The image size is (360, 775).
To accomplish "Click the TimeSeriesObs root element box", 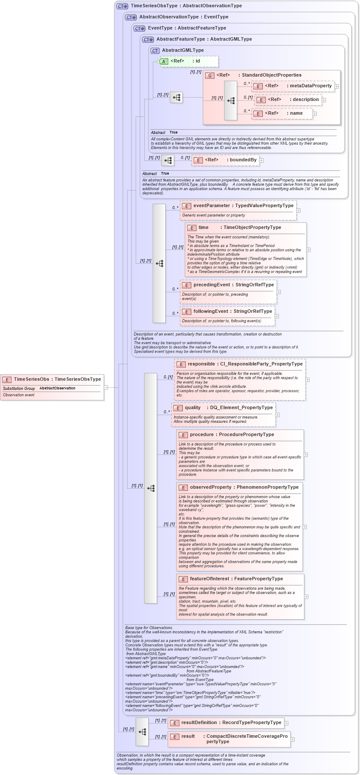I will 52,379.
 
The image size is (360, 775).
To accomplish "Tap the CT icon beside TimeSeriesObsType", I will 122,6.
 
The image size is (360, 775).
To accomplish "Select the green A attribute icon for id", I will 164,61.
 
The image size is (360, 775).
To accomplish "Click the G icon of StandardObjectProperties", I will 210,75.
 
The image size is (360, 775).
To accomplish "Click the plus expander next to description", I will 324,100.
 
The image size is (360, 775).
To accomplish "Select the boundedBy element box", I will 225,160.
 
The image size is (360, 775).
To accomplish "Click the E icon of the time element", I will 192,228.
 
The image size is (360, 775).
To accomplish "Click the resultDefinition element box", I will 226,723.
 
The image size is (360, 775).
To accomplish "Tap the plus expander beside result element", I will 292,739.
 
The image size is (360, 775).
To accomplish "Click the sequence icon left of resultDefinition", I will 142,732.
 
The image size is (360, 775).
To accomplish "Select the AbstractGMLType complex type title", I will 183,50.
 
